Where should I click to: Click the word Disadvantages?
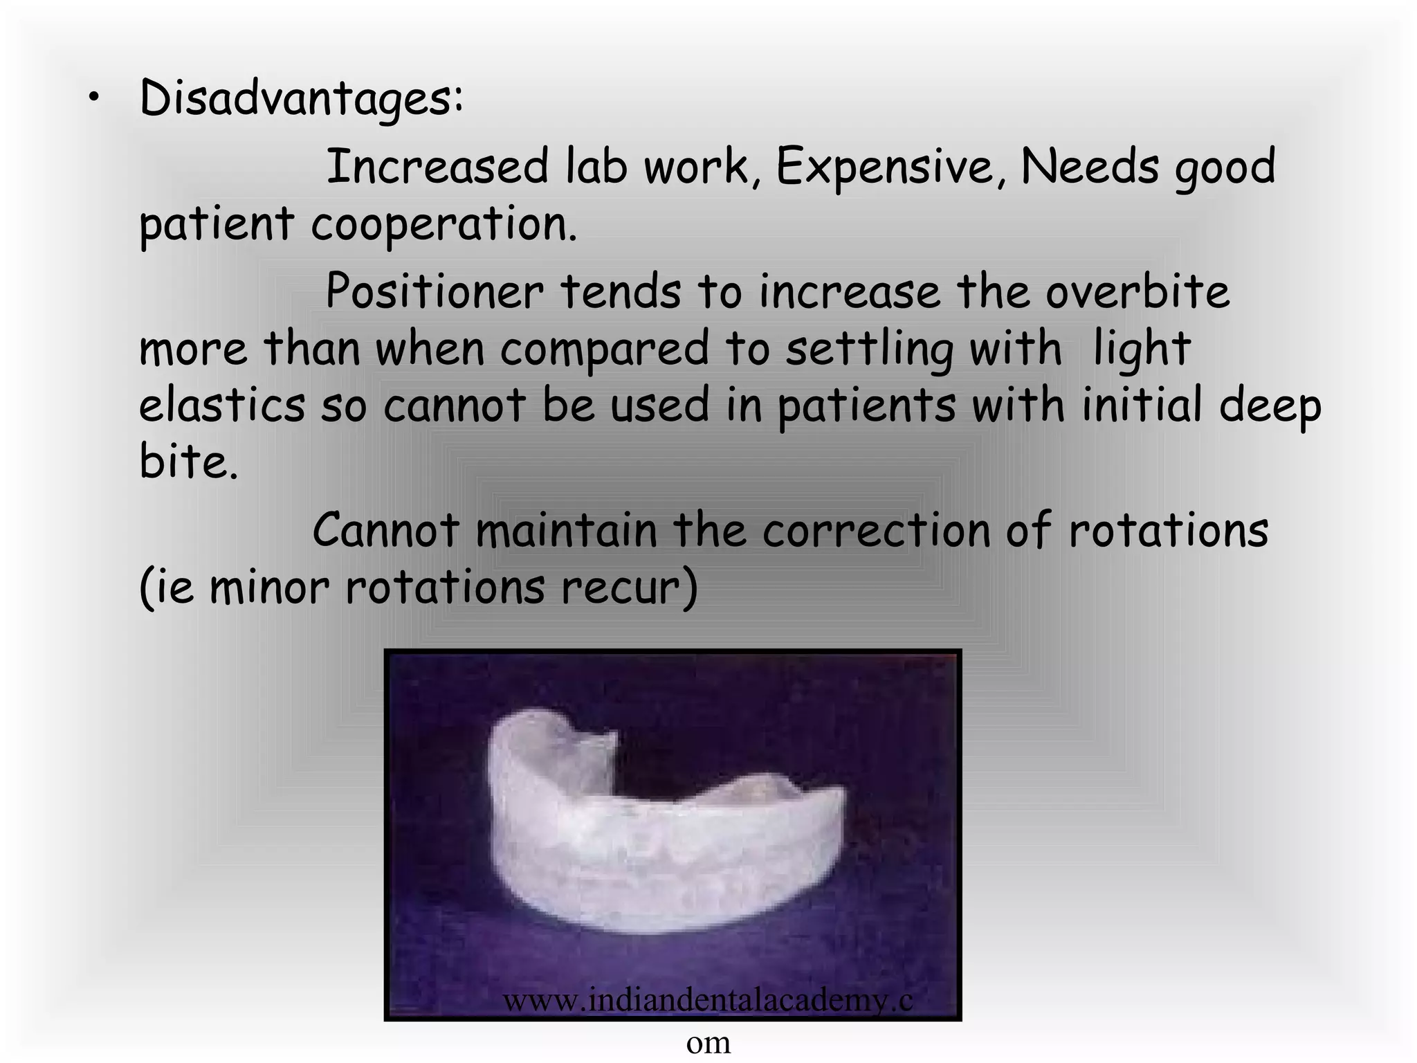pyautogui.click(x=301, y=99)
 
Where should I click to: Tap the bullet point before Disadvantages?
pyautogui.click(x=92, y=100)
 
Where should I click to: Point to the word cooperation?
pyautogui.click(x=444, y=225)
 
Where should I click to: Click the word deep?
pyautogui.click(x=1270, y=407)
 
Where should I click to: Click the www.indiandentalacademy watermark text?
pyautogui.click(x=707, y=1000)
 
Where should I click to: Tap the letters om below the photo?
pyautogui.click(x=708, y=1042)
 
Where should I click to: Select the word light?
pyautogui.click(x=1142, y=349)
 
